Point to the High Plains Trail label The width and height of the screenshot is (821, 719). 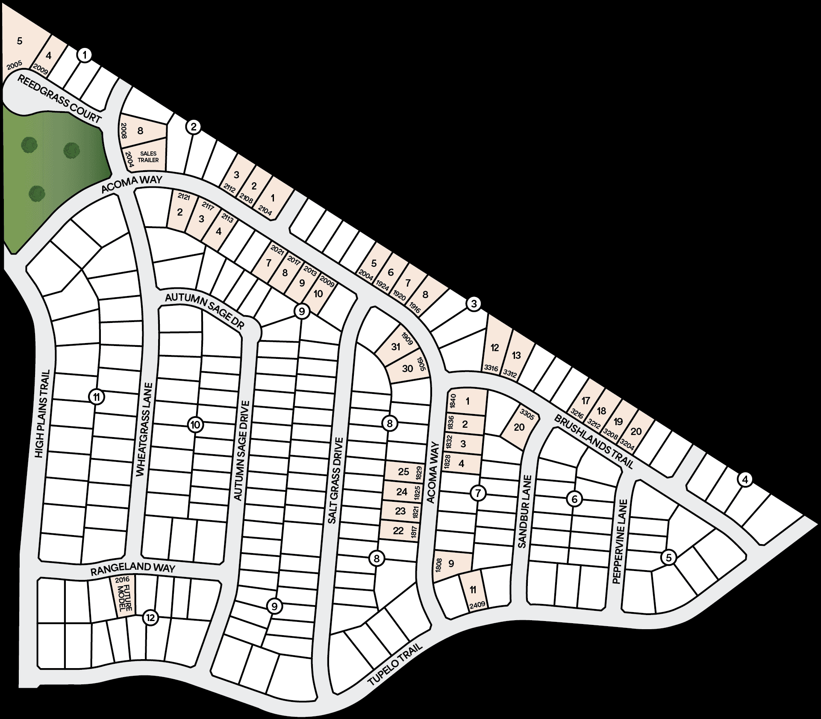[x=45, y=413]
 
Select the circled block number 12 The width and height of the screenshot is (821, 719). [x=150, y=618]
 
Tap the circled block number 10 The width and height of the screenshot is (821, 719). [x=195, y=425]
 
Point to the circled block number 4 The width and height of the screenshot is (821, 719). [x=745, y=480]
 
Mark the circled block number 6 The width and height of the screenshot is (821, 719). [x=574, y=498]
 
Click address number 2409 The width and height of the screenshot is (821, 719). [x=477, y=605]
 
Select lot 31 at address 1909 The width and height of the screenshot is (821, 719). [x=396, y=346]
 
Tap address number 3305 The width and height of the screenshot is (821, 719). [x=527, y=414]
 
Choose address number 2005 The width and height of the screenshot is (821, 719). [x=15, y=65]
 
